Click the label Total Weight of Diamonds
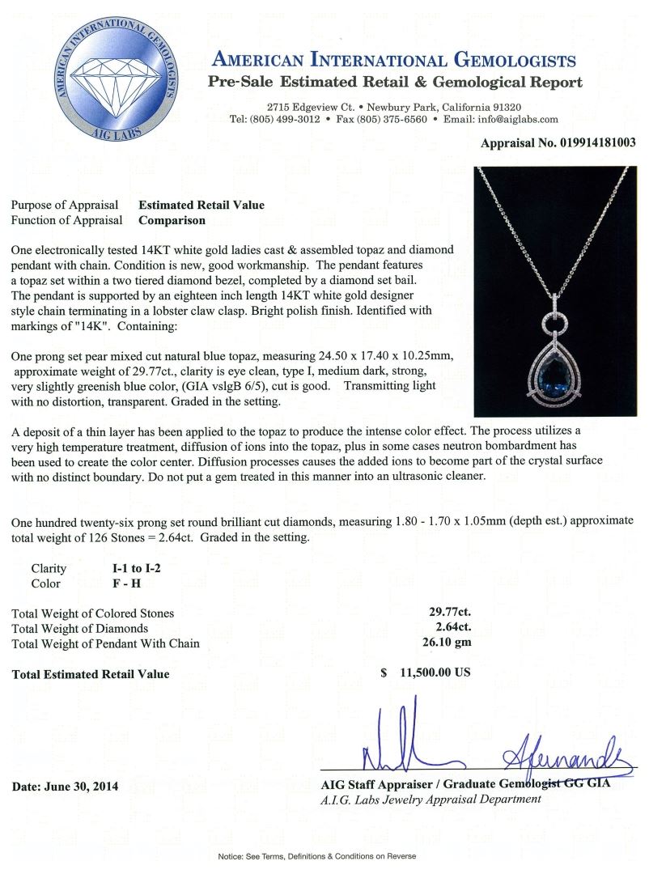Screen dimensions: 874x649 [80, 629]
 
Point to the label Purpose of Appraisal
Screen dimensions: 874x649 [65, 205]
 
